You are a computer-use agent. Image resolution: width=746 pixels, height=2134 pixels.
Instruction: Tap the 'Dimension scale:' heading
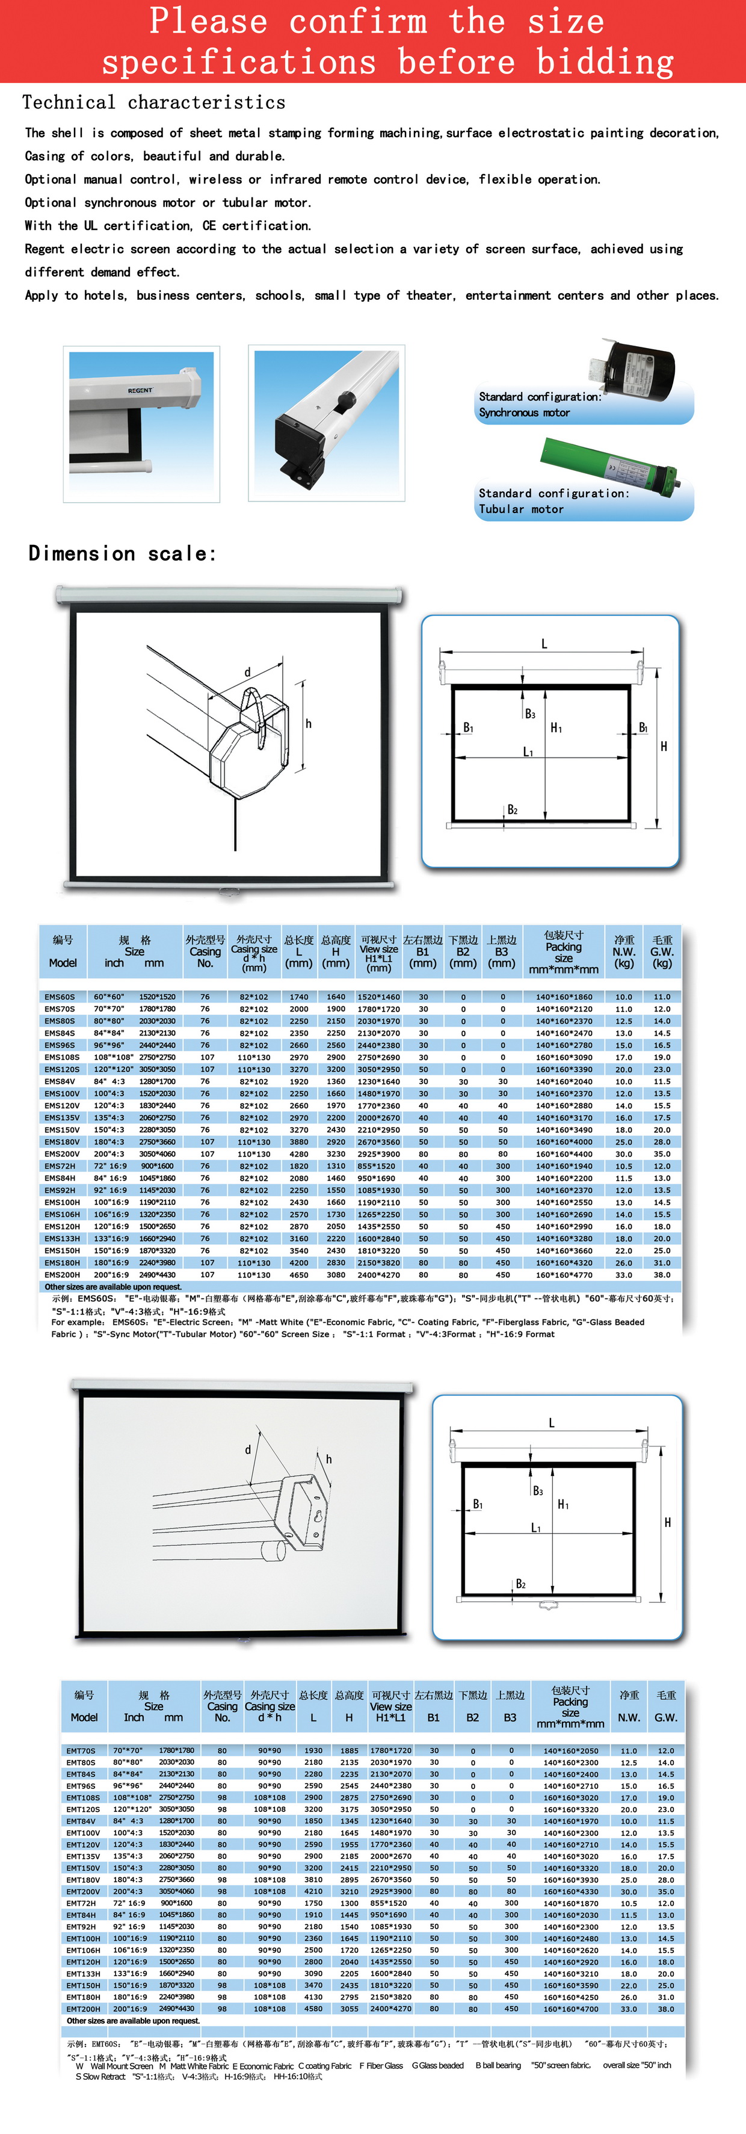click(123, 553)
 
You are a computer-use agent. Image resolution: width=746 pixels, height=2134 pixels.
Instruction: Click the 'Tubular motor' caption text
click(521, 509)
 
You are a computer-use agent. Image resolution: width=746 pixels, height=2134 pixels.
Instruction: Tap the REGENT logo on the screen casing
click(140, 390)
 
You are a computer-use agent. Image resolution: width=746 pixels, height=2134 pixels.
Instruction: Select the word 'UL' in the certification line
click(90, 225)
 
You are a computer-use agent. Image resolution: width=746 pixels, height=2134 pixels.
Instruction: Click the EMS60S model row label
click(60, 997)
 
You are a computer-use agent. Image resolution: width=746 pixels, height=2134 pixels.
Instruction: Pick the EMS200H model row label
click(62, 1275)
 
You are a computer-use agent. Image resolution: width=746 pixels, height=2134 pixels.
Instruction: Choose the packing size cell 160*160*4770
click(564, 1275)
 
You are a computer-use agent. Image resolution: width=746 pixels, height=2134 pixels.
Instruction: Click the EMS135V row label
click(62, 1118)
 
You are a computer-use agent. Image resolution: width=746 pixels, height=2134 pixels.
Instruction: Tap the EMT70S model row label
click(81, 1750)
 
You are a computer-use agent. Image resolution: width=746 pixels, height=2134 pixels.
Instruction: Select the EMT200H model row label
click(84, 2009)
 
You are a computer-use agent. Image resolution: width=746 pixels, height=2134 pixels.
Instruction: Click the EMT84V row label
click(81, 1821)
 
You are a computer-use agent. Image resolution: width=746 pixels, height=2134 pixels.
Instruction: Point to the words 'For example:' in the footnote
click(79, 1322)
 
